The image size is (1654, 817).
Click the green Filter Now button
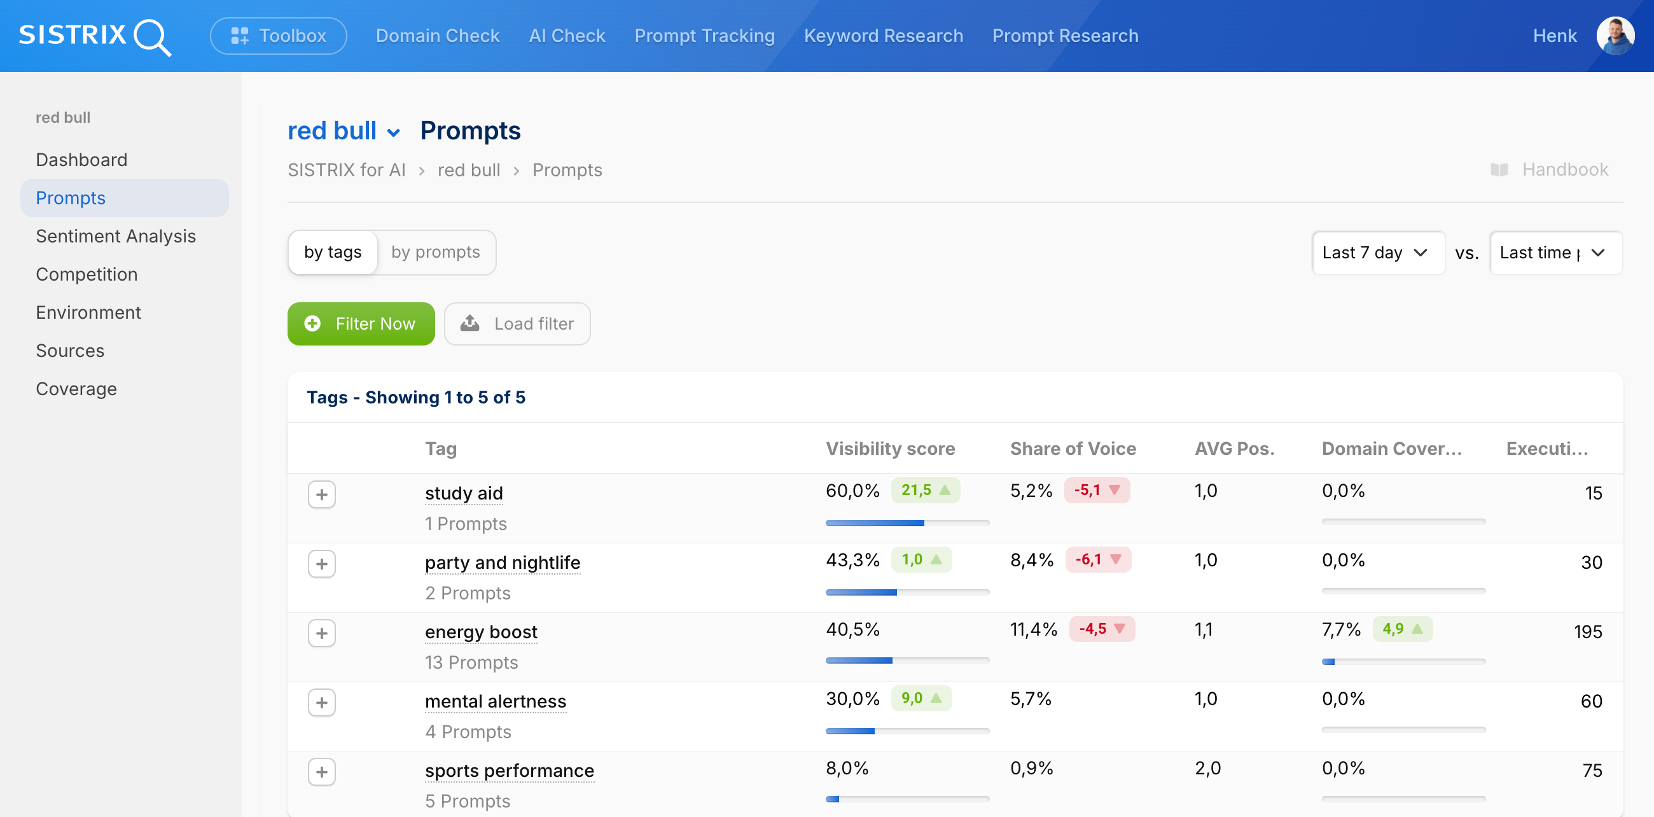coord(361,324)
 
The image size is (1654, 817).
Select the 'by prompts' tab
coord(435,253)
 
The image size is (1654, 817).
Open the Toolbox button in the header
coord(278,36)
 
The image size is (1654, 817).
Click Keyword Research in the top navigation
coord(883,36)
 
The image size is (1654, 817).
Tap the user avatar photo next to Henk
coord(1615,36)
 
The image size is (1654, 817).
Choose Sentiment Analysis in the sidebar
coord(116,236)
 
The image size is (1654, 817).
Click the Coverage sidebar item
coord(76,389)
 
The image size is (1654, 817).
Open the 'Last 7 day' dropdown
coord(1377,253)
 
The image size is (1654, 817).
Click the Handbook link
coord(1564,169)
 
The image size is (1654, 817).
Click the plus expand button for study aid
coord(322,494)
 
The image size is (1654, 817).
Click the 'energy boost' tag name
coord(481,632)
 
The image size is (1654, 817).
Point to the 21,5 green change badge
coord(924,490)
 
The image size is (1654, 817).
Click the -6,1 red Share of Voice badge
coord(1097,559)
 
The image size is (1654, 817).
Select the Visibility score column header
coord(890,449)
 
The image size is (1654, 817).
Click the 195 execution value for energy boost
coord(1587,632)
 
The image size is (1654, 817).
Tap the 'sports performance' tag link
coord(509,771)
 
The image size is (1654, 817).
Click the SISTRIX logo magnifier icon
coord(152,38)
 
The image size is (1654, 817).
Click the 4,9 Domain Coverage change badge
coord(1401,629)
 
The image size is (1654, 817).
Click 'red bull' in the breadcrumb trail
coord(469,171)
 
